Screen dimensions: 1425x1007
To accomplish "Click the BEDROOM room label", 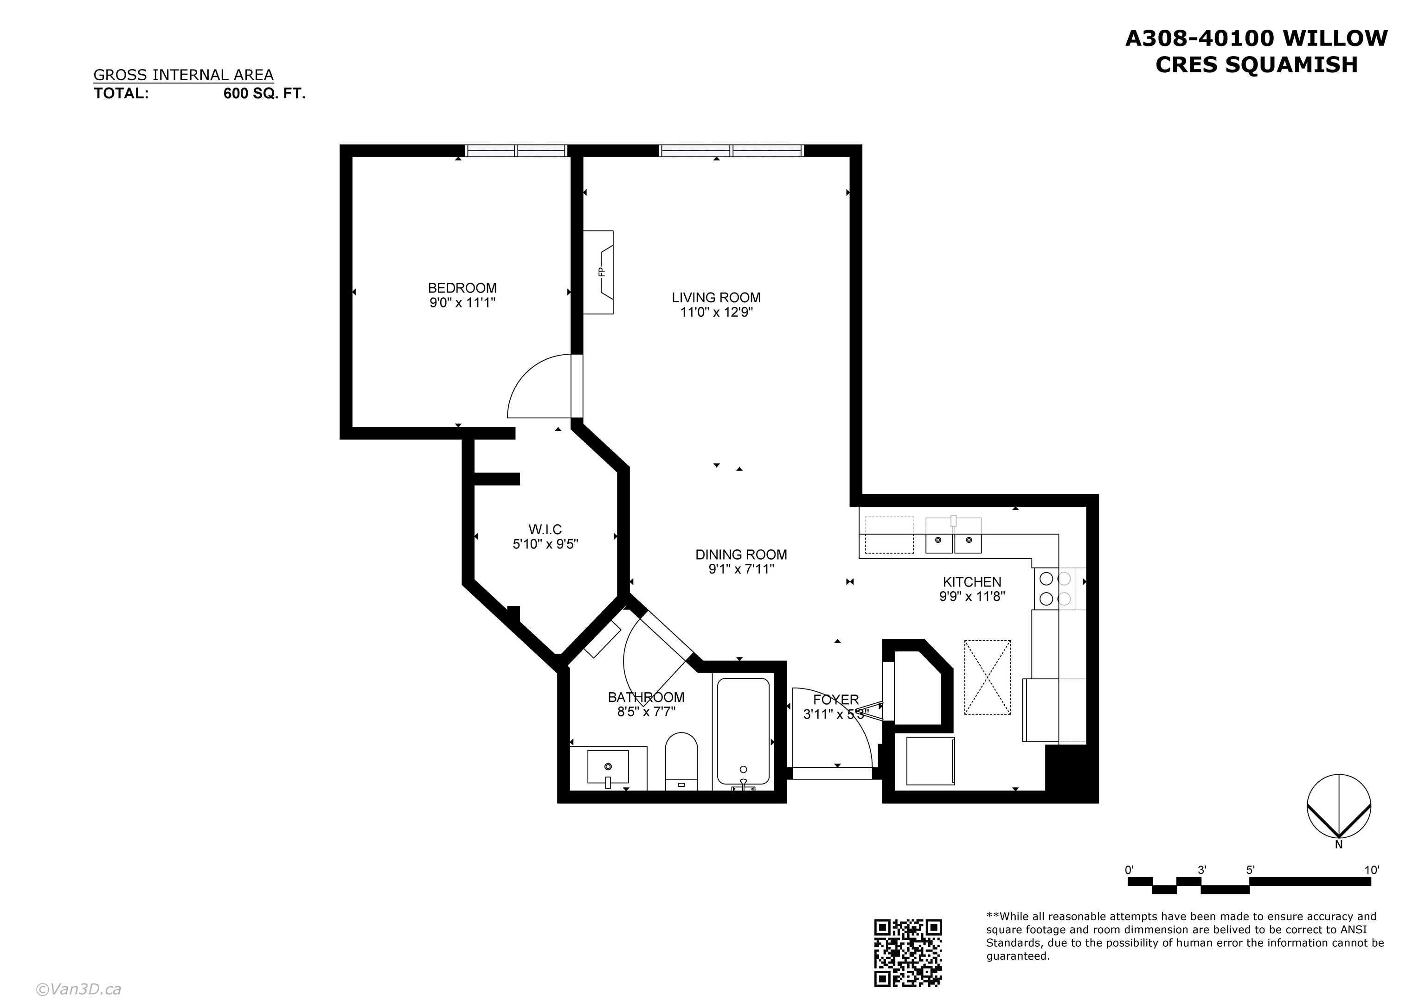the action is click(x=462, y=288).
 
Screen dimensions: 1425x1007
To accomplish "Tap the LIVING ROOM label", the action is click(x=716, y=298).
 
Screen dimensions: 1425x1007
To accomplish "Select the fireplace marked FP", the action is click(x=598, y=272).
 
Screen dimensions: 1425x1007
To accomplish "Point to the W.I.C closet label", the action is click(x=545, y=530).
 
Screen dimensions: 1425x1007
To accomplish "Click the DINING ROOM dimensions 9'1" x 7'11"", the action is click(x=741, y=569).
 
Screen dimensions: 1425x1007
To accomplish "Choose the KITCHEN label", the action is click(x=972, y=582).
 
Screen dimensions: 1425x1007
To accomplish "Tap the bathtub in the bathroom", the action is click(x=744, y=732).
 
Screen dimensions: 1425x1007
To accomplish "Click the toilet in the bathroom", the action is click(x=681, y=761).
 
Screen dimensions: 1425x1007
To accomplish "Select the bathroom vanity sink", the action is click(x=608, y=767).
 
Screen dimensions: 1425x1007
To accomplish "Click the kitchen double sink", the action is click(x=953, y=535).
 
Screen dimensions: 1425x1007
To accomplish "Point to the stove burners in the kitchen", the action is click(x=1055, y=589).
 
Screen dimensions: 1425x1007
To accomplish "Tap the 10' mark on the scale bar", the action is click(x=1372, y=870).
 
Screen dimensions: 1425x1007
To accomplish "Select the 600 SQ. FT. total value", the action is click(x=264, y=94).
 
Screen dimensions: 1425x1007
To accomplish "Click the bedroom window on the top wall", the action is click(x=516, y=150).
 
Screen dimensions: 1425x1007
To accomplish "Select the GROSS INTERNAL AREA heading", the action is click(x=183, y=75).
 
